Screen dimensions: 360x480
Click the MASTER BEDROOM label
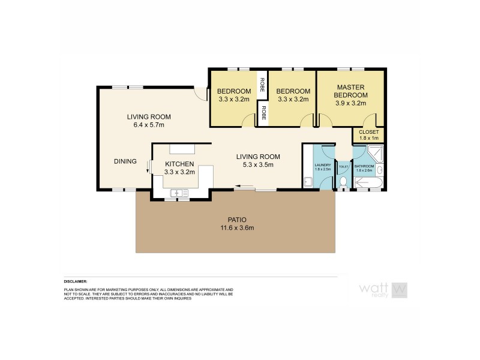pos(351,91)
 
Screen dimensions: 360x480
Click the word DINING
pos(125,161)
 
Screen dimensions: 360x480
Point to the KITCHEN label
pos(179,164)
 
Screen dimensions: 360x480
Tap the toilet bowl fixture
pos(343,182)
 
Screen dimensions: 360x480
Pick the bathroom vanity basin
pos(380,171)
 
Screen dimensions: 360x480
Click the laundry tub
pos(307,182)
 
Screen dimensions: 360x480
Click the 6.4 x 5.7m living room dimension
pos(149,125)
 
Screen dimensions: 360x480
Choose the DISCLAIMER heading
pos(76,281)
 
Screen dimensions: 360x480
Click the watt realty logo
pos(383,290)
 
